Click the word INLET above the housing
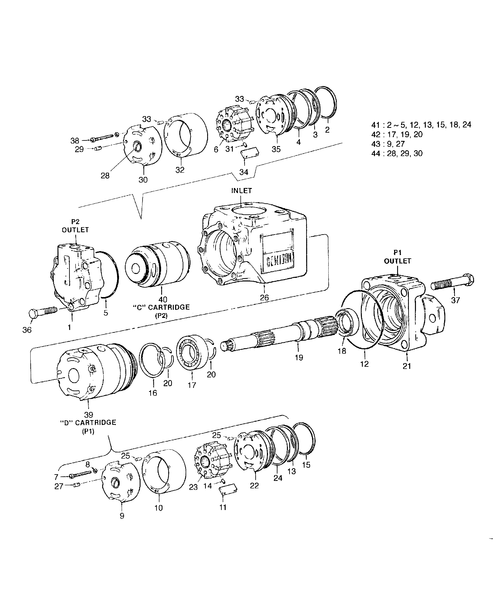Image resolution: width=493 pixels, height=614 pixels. (242, 190)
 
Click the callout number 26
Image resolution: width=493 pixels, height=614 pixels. (264, 298)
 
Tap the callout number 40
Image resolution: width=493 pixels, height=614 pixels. (163, 299)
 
